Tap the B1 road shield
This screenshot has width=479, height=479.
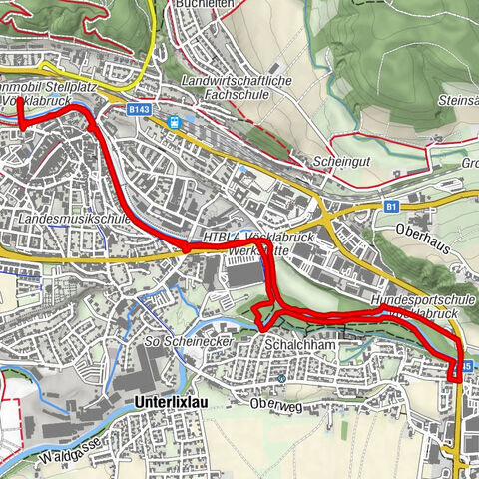point(391,207)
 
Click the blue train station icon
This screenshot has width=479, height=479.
point(175,121)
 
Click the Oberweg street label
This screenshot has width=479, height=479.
point(276,405)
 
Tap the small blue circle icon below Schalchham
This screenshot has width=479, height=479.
point(282,379)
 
